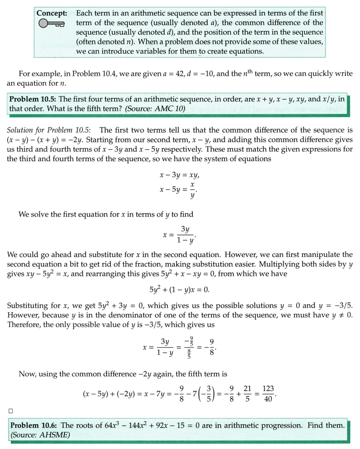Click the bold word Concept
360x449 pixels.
52,13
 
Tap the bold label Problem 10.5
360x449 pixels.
33,99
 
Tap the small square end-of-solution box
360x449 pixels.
10,411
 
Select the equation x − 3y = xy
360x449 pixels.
182,176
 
